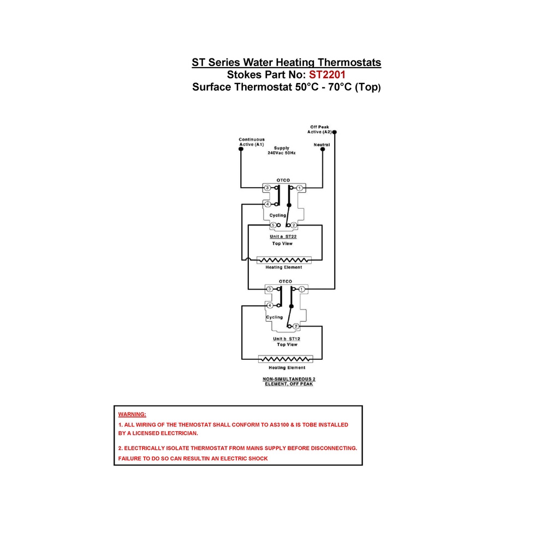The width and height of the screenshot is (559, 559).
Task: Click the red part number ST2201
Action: coord(327,74)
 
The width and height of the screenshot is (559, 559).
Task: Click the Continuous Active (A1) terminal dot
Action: coord(241,149)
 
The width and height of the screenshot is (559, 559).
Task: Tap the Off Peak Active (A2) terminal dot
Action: coord(335,132)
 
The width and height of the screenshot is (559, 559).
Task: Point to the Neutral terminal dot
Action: coord(323,150)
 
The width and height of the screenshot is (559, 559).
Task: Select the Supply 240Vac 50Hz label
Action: coord(282,151)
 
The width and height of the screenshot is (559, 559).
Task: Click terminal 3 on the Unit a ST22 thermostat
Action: coord(267,188)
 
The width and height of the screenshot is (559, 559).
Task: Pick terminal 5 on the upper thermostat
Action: coord(273,225)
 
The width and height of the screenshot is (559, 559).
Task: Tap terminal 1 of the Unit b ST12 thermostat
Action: coord(301,289)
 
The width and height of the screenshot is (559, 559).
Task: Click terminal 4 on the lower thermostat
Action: coord(270,306)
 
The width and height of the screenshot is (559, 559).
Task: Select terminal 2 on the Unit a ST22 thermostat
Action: coord(294,225)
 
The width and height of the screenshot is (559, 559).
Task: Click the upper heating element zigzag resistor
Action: coord(284,260)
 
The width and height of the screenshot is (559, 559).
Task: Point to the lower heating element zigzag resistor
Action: coord(286,359)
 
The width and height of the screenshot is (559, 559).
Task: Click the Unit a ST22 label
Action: coord(283,236)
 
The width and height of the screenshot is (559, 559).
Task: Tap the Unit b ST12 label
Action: coord(287,338)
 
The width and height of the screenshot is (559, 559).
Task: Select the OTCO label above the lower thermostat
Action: coord(286,281)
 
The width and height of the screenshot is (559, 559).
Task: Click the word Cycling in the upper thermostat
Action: coord(278,215)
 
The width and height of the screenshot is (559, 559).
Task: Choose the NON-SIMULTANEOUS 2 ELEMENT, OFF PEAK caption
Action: coord(289,382)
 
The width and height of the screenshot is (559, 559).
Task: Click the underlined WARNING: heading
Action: coord(132,414)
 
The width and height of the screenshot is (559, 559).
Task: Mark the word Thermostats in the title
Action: coord(349,62)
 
